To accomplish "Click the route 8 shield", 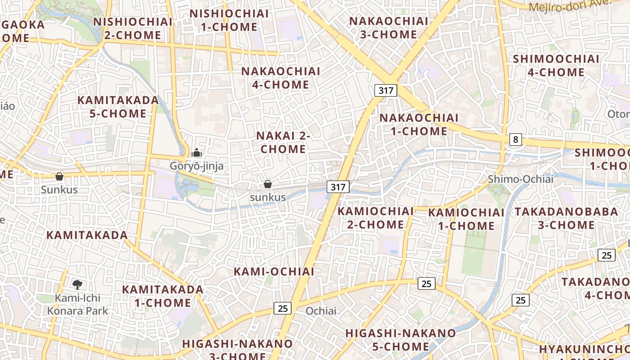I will click(x=516, y=139).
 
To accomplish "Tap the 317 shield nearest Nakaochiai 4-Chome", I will click(x=386, y=90).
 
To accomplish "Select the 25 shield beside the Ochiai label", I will click(x=283, y=308).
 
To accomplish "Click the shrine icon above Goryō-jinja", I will click(x=196, y=153).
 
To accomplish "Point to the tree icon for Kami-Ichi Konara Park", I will click(x=77, y=284).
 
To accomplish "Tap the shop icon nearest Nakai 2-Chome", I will click(x=268, y=184).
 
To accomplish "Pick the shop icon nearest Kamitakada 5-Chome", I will click(x=59, y=176).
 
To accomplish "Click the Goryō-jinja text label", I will click(x=196, y=166).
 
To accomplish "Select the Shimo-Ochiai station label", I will click(x=521, y=179).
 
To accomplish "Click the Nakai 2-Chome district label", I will click(x=283, y=142).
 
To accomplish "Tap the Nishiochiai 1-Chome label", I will click(x=229, y=20).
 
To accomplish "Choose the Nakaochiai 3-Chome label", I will click(x=389, y=27).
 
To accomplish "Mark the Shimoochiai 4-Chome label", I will click(x=556, y=66).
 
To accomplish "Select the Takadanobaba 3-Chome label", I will click(x=567, y=218).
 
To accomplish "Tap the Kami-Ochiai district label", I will click(x=274, y=271).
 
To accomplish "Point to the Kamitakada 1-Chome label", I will click(x=163, y=296).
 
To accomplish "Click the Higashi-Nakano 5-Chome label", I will click(x=400, y=340).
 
